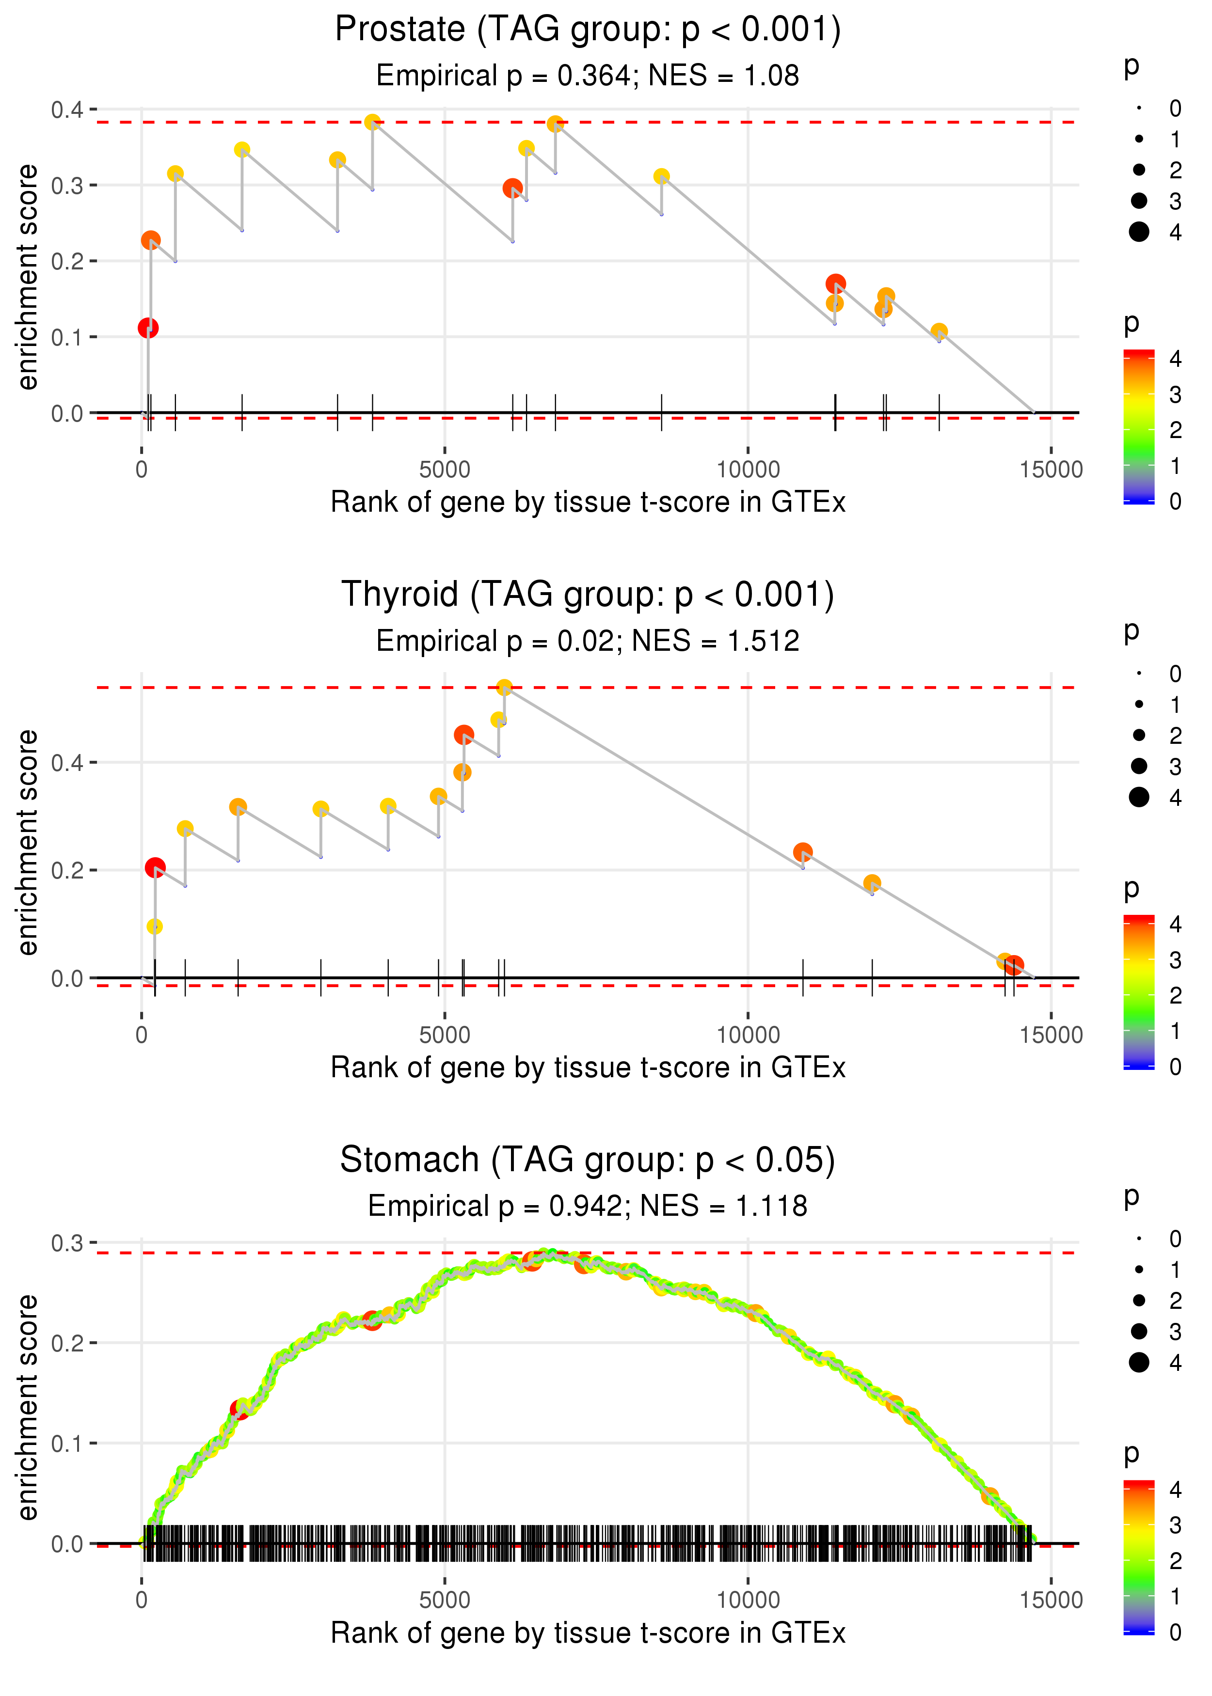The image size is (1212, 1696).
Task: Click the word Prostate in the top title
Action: pyautogui.click(x=400, y=30)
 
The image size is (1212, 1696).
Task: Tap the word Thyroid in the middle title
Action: pyautogui.click(x=399, y=595)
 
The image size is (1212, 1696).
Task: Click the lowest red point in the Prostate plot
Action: pyautogui.click(x=148, y=328)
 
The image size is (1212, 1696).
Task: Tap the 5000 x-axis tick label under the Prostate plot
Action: pyautogui.click(x=444, y=470)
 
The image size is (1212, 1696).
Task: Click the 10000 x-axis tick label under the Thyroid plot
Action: pyautogui.click(x=748, y=1035)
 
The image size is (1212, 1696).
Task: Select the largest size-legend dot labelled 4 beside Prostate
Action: pyautogui.click(x=1139, y=232)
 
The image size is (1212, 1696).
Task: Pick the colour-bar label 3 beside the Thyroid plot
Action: pyautogui.click(x=1176, y=960)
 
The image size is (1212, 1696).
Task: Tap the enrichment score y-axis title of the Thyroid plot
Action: pyautogui.click(x=28, y=842)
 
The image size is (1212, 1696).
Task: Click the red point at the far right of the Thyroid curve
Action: pyautogui.click(x=1014, y=965)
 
